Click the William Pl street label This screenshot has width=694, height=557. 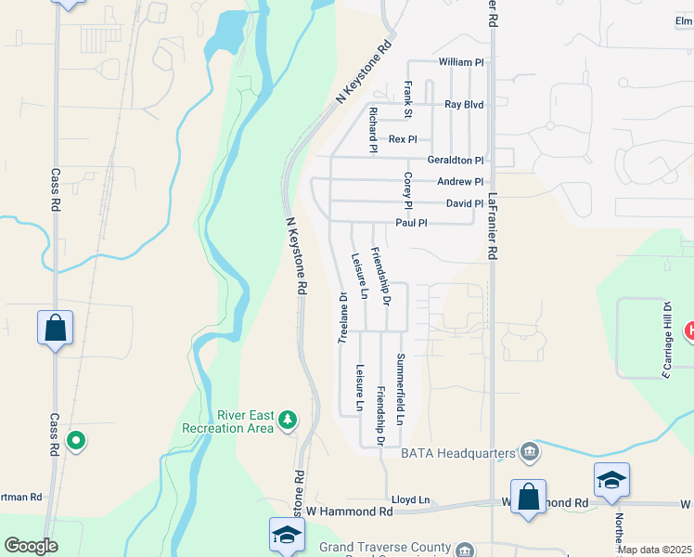[461, 62]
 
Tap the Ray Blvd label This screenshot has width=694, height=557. [464, 105]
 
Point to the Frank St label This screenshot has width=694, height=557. [407, 99]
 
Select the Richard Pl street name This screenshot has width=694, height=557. [372, 130]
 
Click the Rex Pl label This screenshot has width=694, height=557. [403, 139]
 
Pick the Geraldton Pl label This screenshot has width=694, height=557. [455, 161]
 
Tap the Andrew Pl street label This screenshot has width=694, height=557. [460, 182]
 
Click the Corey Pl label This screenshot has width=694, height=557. [407, 190]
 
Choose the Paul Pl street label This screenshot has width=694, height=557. [411, 223]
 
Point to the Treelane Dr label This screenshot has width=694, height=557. [342, 318]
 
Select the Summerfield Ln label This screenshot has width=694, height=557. [401, 389]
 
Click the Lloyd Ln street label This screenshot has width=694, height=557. [410, 499]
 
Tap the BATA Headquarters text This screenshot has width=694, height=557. [457, 453]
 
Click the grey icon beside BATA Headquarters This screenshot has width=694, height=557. [530, 452]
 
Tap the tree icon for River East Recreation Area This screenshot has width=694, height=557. [288, 421]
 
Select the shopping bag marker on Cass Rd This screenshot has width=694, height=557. [55, 329]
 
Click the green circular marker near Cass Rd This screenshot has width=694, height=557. [77, 440]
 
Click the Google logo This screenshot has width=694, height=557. [31, 546]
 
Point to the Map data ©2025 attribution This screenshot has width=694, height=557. [654, 550]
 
